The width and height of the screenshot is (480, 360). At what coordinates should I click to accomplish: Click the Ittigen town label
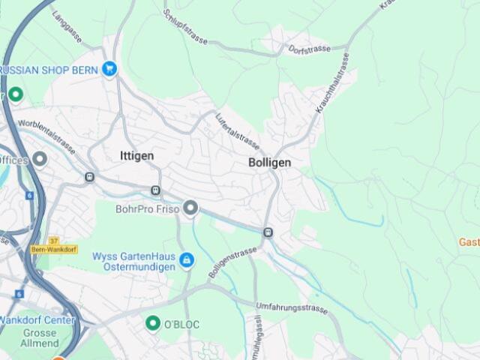pos(136,156)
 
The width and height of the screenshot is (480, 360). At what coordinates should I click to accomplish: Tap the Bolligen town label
pos(269,162)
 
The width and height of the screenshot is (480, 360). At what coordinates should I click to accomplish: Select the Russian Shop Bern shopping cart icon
pos(110,70)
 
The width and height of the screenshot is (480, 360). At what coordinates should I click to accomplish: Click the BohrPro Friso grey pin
pos(191,208)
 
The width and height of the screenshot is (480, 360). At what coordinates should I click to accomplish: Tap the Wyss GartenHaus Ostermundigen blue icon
pos(187,260)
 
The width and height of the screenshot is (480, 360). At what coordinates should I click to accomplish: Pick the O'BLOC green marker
pos(153,322)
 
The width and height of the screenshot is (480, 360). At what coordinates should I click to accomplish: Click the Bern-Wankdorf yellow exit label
pos(53,248)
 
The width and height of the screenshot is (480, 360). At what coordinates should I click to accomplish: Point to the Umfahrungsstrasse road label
pos(292,307)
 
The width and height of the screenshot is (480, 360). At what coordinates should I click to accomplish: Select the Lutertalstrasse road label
pos(237,131)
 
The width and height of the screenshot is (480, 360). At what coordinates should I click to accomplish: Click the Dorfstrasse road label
pos(308,49)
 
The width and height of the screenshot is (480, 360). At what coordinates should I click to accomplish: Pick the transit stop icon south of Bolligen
pos(268,233)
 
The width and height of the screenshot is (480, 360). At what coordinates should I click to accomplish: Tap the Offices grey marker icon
pos(40,159)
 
